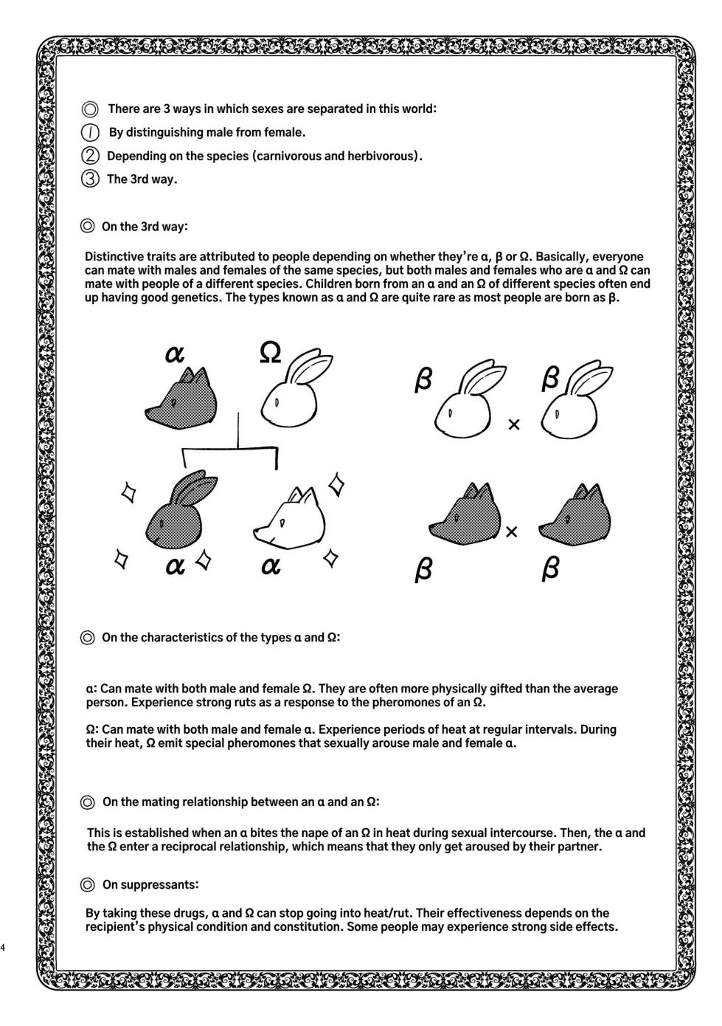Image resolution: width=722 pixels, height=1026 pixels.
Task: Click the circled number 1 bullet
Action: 90,133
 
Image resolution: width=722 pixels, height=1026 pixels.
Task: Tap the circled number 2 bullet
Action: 90,156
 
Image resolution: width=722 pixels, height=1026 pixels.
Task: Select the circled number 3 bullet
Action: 90,179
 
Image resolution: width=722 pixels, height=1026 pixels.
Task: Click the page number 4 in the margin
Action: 4,948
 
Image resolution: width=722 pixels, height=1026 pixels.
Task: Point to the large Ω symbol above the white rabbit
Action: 271,353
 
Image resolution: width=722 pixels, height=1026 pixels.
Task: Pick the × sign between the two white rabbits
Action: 514,424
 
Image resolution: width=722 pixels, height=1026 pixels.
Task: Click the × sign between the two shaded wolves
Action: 511,531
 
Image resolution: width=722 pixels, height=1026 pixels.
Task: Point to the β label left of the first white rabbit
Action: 423,381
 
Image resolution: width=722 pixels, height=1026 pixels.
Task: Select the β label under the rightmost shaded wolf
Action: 550,568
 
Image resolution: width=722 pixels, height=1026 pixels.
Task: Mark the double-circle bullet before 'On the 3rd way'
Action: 88,227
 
